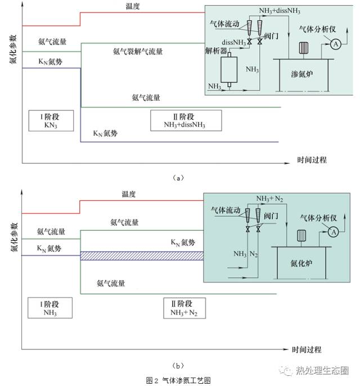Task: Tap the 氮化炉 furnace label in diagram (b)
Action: [298, 263]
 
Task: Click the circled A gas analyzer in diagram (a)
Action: [336, 43]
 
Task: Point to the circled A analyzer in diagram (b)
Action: [332, 232]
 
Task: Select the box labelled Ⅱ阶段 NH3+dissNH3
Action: [186, 120]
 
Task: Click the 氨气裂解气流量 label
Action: [138, 52]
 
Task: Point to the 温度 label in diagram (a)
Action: [133, 6]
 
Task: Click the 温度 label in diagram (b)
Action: [129, 194]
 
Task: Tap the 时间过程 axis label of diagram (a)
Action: [312, 160]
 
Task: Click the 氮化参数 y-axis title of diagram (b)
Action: [12, 239]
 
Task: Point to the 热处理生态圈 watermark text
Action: [326, 371]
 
